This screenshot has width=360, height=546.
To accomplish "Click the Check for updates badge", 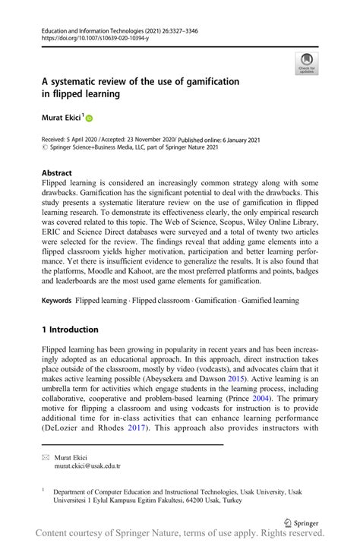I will [307, 63].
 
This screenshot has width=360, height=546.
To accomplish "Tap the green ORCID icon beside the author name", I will [88, 118].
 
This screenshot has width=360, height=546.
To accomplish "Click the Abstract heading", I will [58, 172].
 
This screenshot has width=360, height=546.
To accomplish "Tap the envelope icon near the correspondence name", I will [46, 458].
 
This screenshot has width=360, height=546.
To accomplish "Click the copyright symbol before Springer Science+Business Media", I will [45, 147].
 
